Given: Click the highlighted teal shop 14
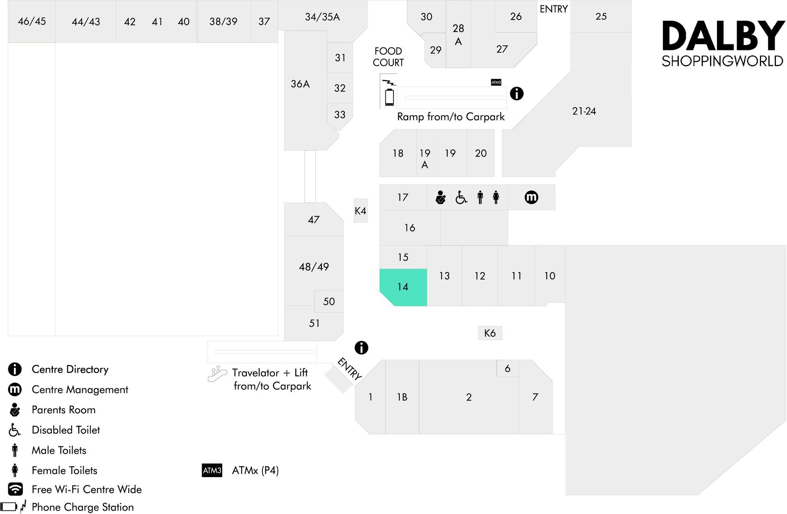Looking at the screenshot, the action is point(403,287).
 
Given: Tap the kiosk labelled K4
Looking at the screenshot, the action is point(361,211).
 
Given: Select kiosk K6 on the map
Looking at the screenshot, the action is point(490,333).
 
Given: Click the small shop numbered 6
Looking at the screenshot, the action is point(507,368).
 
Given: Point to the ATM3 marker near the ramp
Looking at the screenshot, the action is point(496,82).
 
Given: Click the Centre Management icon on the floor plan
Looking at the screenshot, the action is point(531,197).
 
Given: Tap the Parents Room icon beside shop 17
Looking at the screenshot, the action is point(441,197).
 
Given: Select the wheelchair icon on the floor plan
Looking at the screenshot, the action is point(461,197).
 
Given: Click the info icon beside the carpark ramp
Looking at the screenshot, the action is point(516,93).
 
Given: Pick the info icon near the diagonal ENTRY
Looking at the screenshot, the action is point(361,348).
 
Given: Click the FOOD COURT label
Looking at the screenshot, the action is point(388,57).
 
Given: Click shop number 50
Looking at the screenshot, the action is point(329,301).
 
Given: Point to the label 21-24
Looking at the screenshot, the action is point(584,111).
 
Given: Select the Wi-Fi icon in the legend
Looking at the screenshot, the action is point(15,489).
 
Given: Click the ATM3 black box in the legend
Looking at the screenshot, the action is point(212,470).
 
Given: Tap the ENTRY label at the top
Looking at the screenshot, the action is point(553,9).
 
